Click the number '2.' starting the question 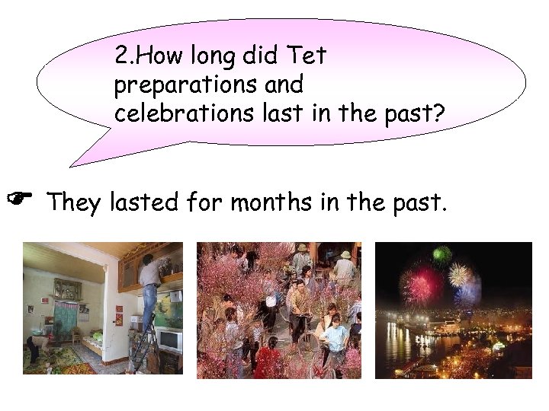[123, 56]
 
